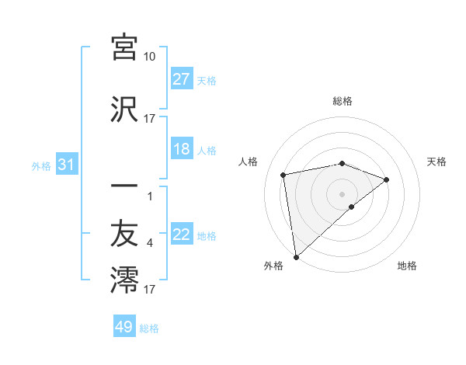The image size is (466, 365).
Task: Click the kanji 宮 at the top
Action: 124,47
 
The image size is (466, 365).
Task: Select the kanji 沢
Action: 124,109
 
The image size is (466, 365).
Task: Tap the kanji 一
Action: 124,186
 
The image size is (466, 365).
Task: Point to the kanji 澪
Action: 124,278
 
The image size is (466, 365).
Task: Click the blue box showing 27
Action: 182,79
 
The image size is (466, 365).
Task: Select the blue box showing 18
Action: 182,149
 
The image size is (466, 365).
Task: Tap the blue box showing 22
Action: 182,235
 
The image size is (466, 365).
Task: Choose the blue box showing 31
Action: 67,165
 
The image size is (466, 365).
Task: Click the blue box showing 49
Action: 124,327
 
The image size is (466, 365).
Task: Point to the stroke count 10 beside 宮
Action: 149,57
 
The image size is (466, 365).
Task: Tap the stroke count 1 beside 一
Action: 149,196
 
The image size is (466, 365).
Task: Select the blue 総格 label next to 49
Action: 149,328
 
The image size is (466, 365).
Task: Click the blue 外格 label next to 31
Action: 41,165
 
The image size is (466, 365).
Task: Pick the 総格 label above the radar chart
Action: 343,101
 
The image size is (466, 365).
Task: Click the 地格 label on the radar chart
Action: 407,266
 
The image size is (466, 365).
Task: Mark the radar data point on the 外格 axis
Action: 295,256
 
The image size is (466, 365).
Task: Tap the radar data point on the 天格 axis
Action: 387,180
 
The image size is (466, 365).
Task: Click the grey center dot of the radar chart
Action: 343,193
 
